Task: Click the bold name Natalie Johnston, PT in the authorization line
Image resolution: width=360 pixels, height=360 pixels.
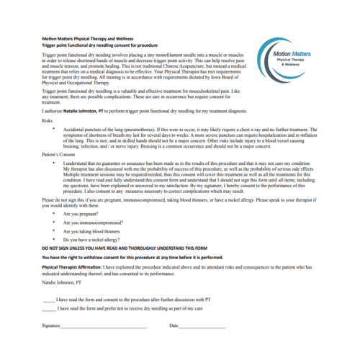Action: [89, 113]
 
